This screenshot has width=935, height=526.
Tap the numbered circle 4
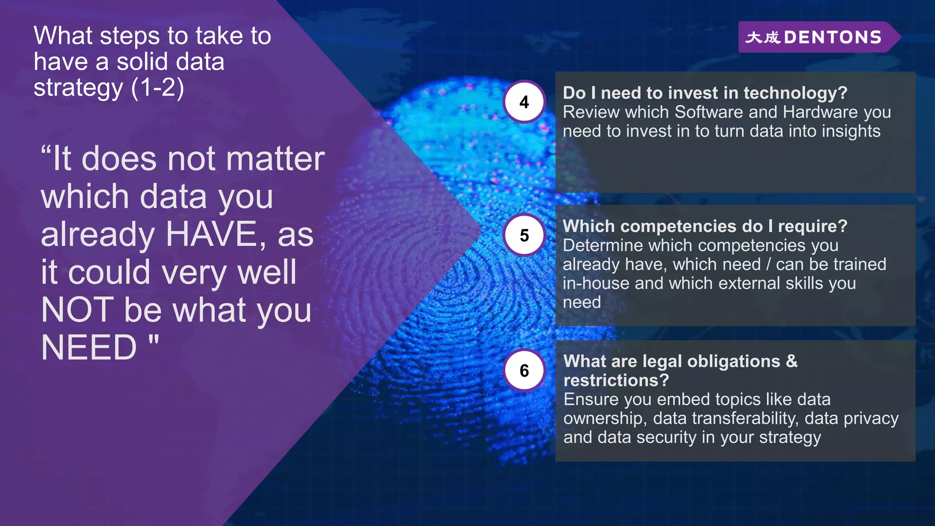pyautogui.click(x=524, y=102)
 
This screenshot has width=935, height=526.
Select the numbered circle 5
pyautogui.click(x=524, y=235)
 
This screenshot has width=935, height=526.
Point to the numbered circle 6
pyautogui.click(x=524, y=370)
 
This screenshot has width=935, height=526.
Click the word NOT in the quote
pyautogui.click(x=78, y=310)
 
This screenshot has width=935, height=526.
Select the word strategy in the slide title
pyautogui.click(x=78, y=88)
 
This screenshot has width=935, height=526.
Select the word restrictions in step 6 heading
pyautogui.click(x=616, y=380)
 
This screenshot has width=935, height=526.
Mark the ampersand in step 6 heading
pyautogui.click(x=792, y=361)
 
